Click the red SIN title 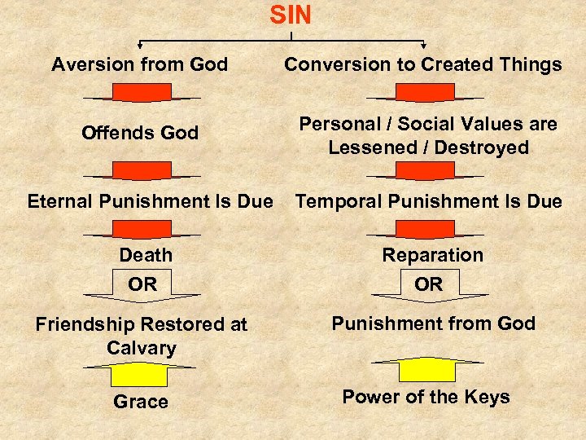(291, 15)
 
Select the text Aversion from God (140, 64)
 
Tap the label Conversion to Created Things (422, 64)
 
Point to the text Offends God (140, 133)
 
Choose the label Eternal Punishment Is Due (150, 200)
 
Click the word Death (146, 255)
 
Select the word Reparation (433, 255)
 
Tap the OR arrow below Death (143, 285)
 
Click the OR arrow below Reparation (429, 285)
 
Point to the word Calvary (142, 348)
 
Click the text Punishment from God (433, 323)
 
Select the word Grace (141, 402)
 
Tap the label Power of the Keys (426, 397)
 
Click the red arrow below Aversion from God (142, 91)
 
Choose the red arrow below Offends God (142, 169)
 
